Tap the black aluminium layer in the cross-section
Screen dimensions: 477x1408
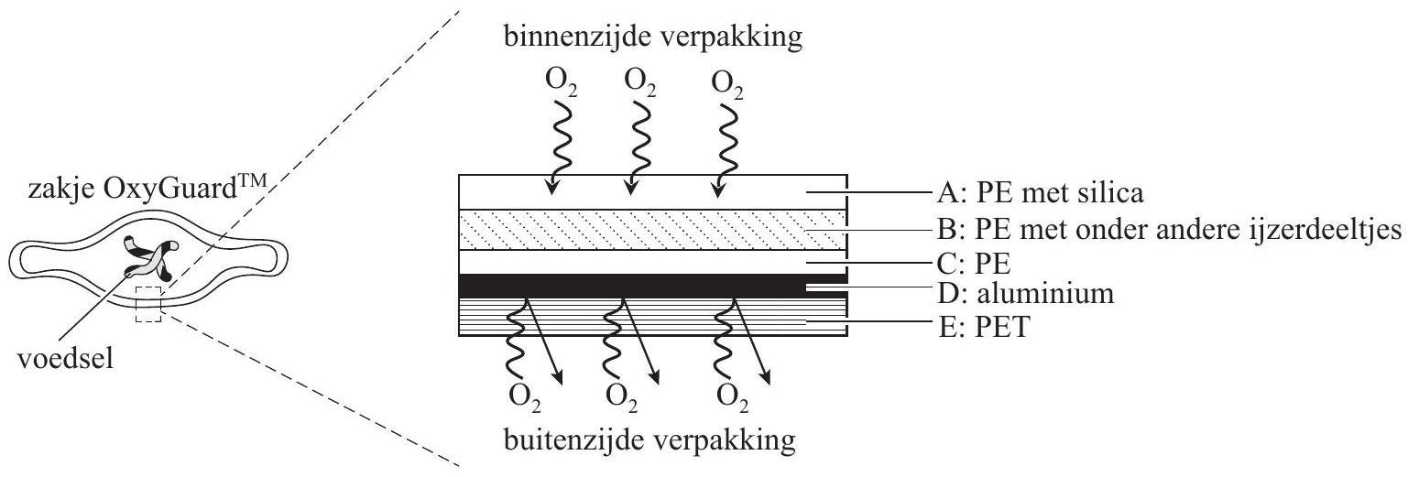(x=641, y=285)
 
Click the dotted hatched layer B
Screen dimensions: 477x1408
(x=641, y=230)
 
